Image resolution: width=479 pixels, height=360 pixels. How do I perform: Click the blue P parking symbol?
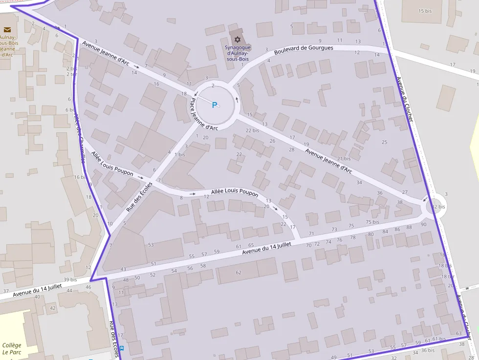tap(214, 105)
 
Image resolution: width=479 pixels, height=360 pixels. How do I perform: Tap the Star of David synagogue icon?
tap(238, 39)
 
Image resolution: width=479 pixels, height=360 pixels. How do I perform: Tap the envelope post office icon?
tap(7, 30)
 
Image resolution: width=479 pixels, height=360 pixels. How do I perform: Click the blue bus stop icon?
tap(121, 348)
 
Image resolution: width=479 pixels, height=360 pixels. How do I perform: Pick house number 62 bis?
tap(438, 207)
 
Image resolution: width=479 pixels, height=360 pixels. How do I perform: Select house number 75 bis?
tap(372, 221)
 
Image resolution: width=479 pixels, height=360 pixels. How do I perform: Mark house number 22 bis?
tap(252, 130)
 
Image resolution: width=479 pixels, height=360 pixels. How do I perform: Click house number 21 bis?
tap(344, 158)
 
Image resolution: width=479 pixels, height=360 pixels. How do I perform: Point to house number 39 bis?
tap(70, 280)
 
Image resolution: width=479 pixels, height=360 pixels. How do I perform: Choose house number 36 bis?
tap(427, 350)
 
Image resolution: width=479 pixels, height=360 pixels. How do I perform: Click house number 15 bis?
tap(425, 11)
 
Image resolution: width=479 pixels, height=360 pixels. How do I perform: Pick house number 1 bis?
tap(180, 154)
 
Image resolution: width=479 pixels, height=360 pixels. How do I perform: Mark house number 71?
tap(311, 234)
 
